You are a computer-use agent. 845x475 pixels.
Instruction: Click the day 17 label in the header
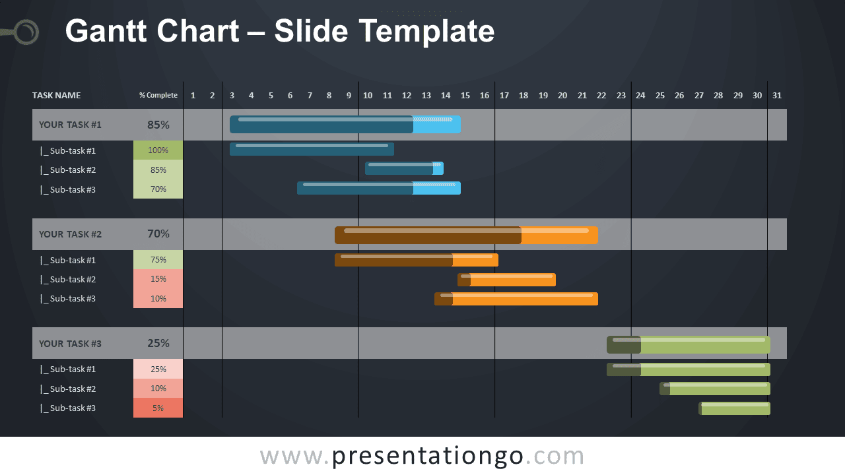(504, 96)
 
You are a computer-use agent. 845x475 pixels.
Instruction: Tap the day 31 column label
(777, 96)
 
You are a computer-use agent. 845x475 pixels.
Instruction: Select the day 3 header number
(232, 96)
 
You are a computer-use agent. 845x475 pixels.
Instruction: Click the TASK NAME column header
(56, 96)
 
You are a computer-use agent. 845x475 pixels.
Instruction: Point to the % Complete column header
(158, 96)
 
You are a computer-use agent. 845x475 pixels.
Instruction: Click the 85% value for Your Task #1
(158, 125)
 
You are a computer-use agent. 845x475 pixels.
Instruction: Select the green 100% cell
(158, 150)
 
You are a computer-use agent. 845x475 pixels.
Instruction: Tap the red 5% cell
(158, 408)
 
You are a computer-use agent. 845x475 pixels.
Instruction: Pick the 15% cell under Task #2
(158, 279)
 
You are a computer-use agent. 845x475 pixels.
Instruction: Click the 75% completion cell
(158, 260)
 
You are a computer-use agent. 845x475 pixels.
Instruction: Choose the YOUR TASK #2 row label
(70, 234)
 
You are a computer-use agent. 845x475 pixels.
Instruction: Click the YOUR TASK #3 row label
(70, 344)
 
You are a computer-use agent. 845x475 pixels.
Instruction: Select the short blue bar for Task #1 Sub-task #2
(404, 168)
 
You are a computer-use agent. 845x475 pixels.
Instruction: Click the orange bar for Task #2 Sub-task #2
(506, 280)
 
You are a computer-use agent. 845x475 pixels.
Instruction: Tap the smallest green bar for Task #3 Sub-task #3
(735, 408)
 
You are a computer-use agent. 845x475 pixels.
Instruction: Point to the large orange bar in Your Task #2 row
(466, 236)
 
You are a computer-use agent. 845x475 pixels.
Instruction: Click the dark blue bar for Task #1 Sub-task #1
(312, 149)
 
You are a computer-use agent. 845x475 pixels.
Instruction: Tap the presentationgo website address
(422, 456)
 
